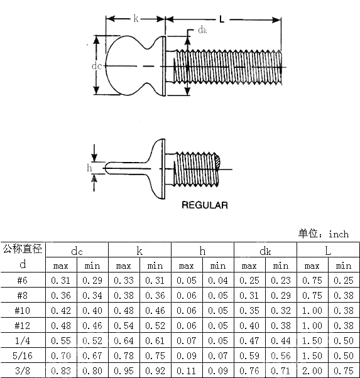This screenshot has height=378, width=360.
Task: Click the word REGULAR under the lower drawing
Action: click(204, 205)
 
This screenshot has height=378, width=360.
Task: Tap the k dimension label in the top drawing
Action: click(136, 19)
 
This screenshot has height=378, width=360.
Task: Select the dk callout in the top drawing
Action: click(202, 30)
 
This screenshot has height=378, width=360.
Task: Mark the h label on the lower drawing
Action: click(89, 168)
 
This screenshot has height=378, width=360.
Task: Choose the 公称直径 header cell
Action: click(23, 249)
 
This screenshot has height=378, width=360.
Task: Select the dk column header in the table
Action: click(265, 251)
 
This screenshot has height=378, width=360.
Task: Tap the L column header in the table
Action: click(328, 251)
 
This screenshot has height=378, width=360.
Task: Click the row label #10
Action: click(23, 310)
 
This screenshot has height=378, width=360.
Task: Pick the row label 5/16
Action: click(23, 356)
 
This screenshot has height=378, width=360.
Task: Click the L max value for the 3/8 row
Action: click(312, 371)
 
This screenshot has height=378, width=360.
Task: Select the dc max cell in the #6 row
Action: click(61, 280)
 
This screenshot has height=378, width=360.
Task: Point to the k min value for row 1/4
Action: click(155, 341)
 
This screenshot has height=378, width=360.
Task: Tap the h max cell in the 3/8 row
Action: click(187, 371)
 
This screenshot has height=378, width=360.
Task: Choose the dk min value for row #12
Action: click(281, 325)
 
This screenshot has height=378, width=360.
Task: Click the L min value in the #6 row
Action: click(344, 280)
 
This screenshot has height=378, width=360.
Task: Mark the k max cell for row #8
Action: click(124, 295)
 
